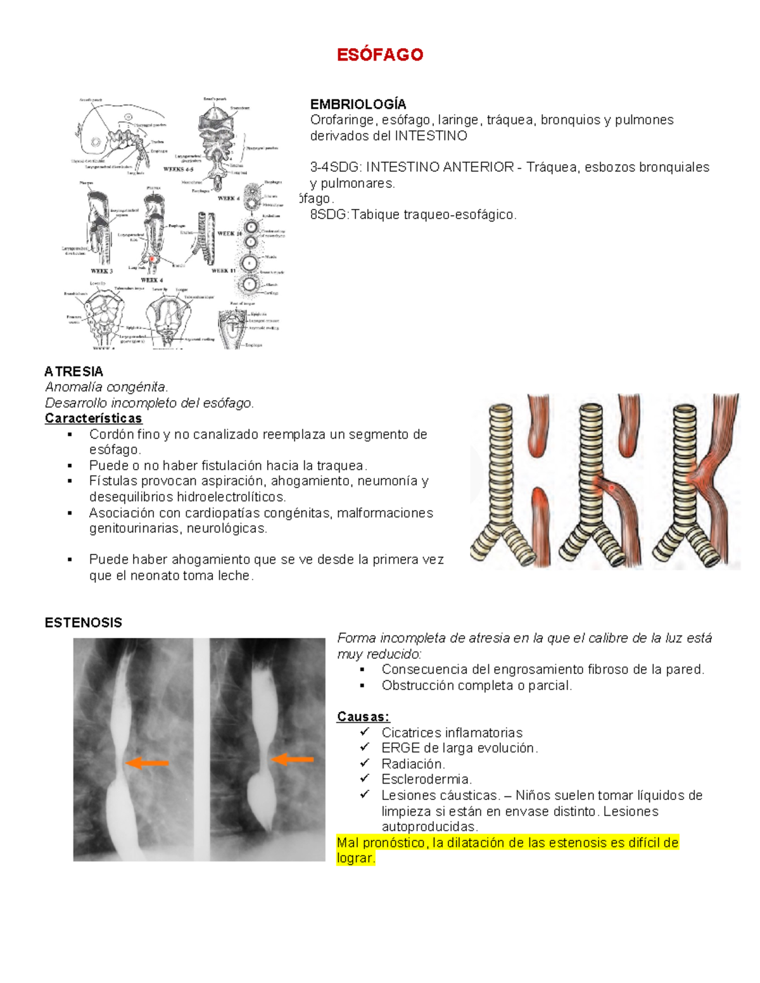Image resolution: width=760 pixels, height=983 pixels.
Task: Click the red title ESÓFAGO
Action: click(x=379, y=55)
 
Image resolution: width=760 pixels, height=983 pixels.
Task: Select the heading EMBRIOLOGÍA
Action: click(x=358, y=104)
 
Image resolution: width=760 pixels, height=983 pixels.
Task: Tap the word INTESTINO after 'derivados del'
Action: click(x=431, y=136)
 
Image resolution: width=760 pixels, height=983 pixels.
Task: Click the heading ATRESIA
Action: click(x=73, y=372)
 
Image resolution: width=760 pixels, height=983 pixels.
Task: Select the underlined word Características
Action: click(x=93, y=418)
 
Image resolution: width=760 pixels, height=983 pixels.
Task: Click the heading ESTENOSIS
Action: click(x=83, y=623)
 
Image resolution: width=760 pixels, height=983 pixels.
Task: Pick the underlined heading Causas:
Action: click(x=363, y=717)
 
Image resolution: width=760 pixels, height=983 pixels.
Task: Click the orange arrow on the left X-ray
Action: click(x=147, y=763)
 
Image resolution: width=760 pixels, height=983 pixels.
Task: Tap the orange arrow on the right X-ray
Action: click(x=293, y=759)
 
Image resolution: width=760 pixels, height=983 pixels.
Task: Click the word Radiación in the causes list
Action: click(x=413, y=764)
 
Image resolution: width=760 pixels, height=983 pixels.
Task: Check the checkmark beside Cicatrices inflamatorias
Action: click(x=364, y=732)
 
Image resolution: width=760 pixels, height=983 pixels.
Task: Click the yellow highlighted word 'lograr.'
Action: click(x=356, y=858)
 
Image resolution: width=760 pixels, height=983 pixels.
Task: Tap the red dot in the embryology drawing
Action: click(x=152, y=259)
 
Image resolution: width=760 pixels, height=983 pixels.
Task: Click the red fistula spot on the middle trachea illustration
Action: click(x=611, y=488)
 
